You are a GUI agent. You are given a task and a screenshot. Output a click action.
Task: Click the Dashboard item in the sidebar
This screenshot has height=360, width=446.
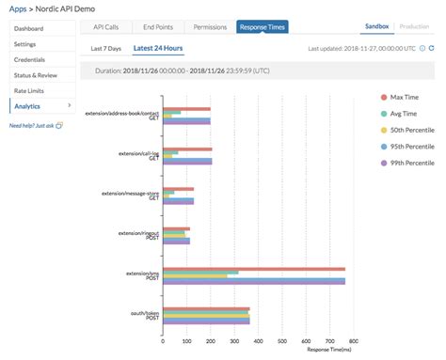pyautogui.click(x=32, y=29)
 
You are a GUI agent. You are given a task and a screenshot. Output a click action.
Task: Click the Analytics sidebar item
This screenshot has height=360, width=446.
pyautogui.click(x=29, y=106)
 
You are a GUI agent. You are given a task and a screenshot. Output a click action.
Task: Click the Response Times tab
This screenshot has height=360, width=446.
pyautogui.click(x=263, y=28)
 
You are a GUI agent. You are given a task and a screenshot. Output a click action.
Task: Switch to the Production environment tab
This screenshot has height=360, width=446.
pyautogui.click(x=416, y=27)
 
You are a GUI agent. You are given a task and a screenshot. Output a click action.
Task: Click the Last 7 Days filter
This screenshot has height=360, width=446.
pyautogui.click(x=106, y=47)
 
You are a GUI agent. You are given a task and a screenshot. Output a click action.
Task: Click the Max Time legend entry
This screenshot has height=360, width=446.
pyautogui.click(x=411, y=97)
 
